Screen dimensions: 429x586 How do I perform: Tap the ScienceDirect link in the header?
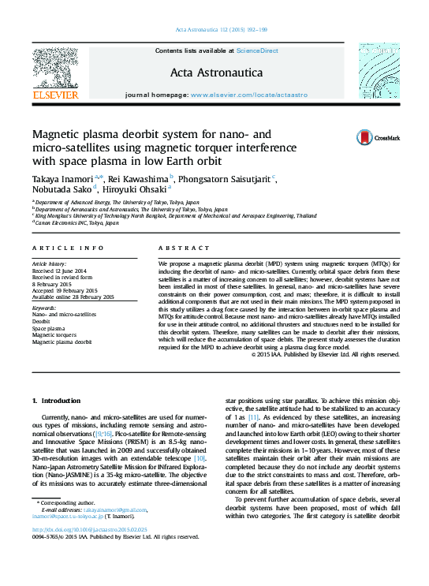(x=257, y=50)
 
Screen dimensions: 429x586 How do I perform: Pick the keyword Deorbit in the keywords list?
(x=41, y=322)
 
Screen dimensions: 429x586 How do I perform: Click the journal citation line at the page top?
(x=214, y=32)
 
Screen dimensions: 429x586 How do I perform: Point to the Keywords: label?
(x=43, y=308)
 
